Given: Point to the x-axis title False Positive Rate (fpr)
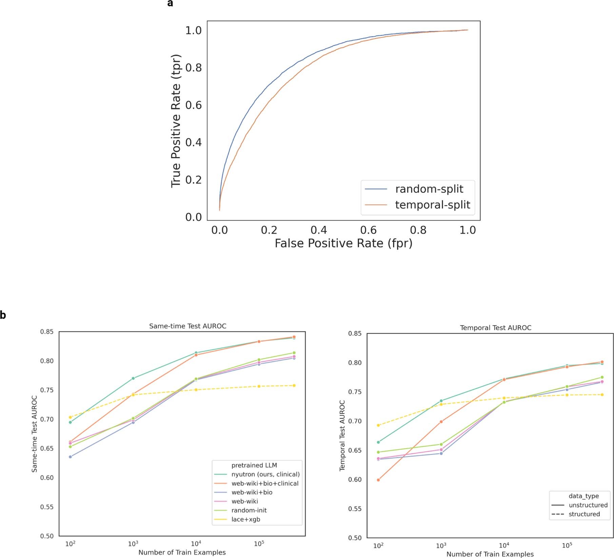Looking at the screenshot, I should [x=343, y=243].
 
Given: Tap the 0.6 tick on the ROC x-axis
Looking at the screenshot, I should [x=368, y=230].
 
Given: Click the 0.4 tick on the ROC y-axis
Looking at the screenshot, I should [x=193, y=142].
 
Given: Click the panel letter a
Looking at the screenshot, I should [x=170, y=4].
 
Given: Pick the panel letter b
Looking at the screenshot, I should [x=3, y=315].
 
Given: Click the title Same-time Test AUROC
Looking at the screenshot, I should [x=187, y=326].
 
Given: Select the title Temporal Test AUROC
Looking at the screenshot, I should [x=495, y=328].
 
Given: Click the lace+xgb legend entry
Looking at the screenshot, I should [x=245, y=519].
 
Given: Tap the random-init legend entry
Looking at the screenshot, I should [x=249, y=510].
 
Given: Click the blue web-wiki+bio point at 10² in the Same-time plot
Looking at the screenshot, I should [x=70, y=457].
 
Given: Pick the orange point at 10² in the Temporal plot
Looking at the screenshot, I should [x=378, y=480].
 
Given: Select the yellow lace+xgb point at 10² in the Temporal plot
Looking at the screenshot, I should [x=378, y=425].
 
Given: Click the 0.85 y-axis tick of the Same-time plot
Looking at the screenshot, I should [x=47, y=332].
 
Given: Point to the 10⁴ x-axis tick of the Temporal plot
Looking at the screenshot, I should [x=504, y=546].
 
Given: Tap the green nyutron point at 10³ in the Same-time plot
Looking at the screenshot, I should [x=133, y=378].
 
